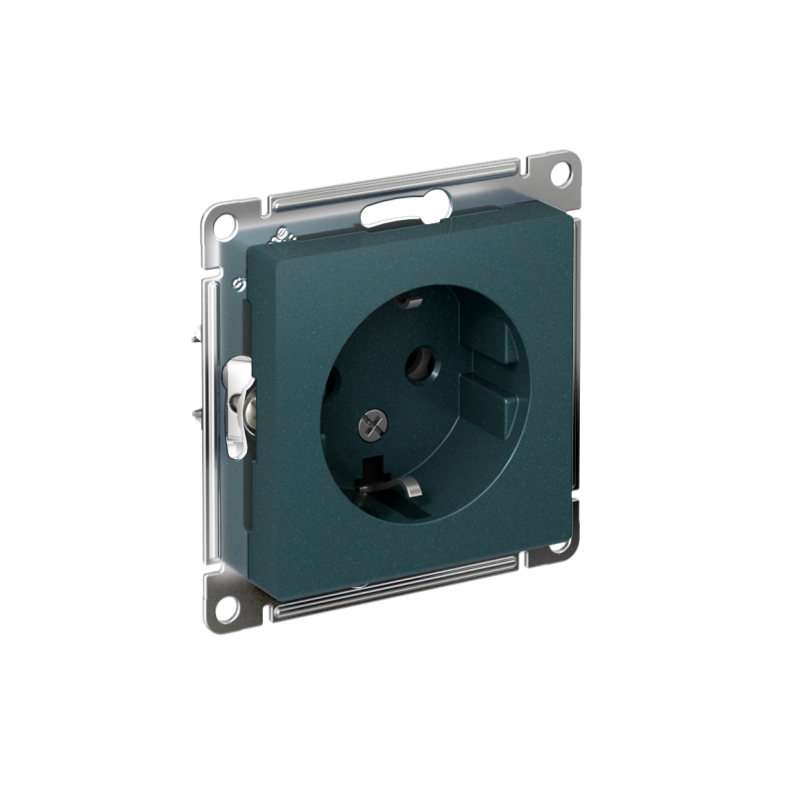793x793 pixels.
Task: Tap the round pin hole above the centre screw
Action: (x=420, y=363)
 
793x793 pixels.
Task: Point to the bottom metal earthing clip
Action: (x=392, y=484)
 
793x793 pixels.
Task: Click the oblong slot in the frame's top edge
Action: (x=403, y=210)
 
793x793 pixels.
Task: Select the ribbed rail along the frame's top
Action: (x=396, y=185)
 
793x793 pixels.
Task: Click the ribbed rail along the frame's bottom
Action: (x=396, y=587)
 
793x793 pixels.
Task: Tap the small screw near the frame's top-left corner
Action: (x=280, y=236)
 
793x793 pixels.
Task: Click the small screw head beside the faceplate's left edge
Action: (x=238, y=284)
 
